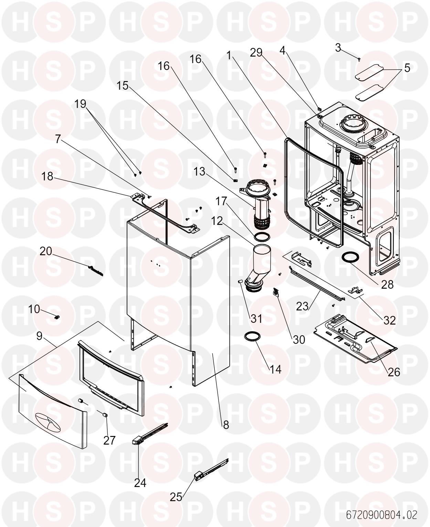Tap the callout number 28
pyautogui.click(x=387, y=285)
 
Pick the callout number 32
pyautogui.click(x=389, y=320)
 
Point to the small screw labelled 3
pyautogui.click(x=359, y=59)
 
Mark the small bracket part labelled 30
pyautogui.click(x=276, y=293)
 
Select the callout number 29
pyautogui.click(x=256, y=52)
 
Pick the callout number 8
pyautogui.click(x=226, y=425)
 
